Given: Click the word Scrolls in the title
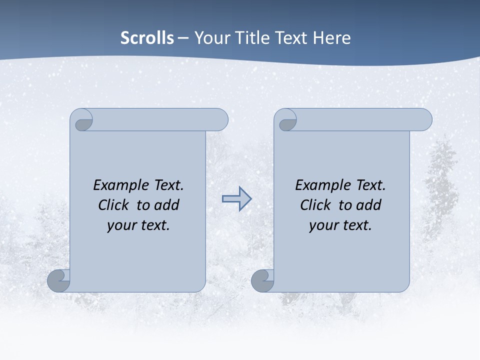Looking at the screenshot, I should (x=147, y=38).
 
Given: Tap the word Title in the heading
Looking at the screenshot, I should (x=264, y=38).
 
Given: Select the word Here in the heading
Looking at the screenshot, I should (x=332, y=38).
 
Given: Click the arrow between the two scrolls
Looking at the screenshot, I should (x=236, y=199).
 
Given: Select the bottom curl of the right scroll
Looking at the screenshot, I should (x=262, y=281).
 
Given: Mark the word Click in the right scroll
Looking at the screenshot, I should (x=315, y=205).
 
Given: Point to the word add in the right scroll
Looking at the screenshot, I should (x=369, y=205).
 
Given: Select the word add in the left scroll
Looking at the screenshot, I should (x=167, y=205).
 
